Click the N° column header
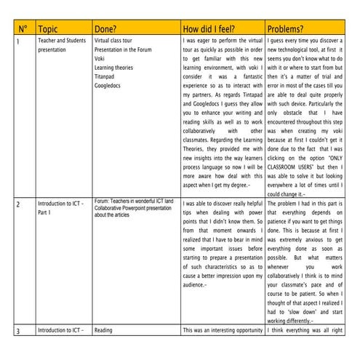tap(23, 29)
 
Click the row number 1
tap(18, 43)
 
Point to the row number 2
tap(19, 204)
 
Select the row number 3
tap(19, 331)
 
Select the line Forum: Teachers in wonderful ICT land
tap(134, 201)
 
